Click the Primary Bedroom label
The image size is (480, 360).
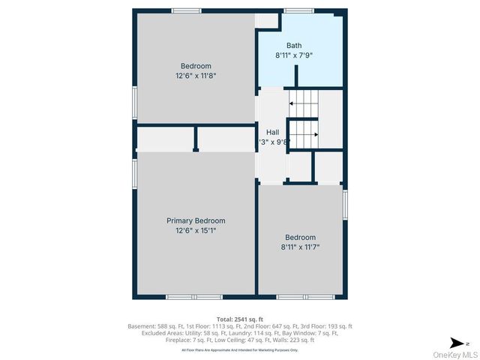[x=195, y=220]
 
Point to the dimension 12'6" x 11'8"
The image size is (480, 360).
[x=195, y=75]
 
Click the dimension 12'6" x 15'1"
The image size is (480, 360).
[x=195, y=230]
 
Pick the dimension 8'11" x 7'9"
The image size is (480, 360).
[x=293, y=55]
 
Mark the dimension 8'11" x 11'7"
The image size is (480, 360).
[x=299, y=246]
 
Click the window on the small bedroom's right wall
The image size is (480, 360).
[x=346, y=205]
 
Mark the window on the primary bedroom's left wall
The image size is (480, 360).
[x=135, y=169]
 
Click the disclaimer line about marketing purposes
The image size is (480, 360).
[x=239, y=350]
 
